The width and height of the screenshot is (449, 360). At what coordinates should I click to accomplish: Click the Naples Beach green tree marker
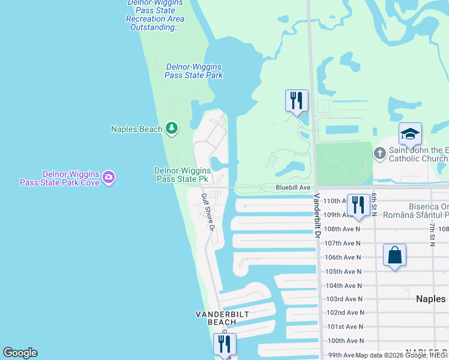tap(172, 128)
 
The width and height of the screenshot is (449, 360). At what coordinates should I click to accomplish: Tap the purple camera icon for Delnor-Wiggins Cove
tap(109, 176)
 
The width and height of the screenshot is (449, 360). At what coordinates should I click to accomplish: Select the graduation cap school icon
tap(410, 134)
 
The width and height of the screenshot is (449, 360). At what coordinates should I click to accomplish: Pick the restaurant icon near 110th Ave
tap(358, 205)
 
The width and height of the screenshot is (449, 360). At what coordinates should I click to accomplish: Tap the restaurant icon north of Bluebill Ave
tap(297, 100)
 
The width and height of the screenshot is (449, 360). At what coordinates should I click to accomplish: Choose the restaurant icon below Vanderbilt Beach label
tap(224, 344)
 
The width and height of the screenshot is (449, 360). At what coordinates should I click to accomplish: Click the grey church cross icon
tap(379, 154)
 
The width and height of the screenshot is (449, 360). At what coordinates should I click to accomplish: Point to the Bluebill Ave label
tap(293, 188)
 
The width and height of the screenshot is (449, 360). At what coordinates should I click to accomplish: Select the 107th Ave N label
tap(343, 243)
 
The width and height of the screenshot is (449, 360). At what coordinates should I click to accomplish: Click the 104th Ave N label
tap(343, 286)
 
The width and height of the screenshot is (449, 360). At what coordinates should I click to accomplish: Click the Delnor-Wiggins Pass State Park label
tap(194, 71)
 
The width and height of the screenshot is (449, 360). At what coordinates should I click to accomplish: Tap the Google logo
tap(20, 353)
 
